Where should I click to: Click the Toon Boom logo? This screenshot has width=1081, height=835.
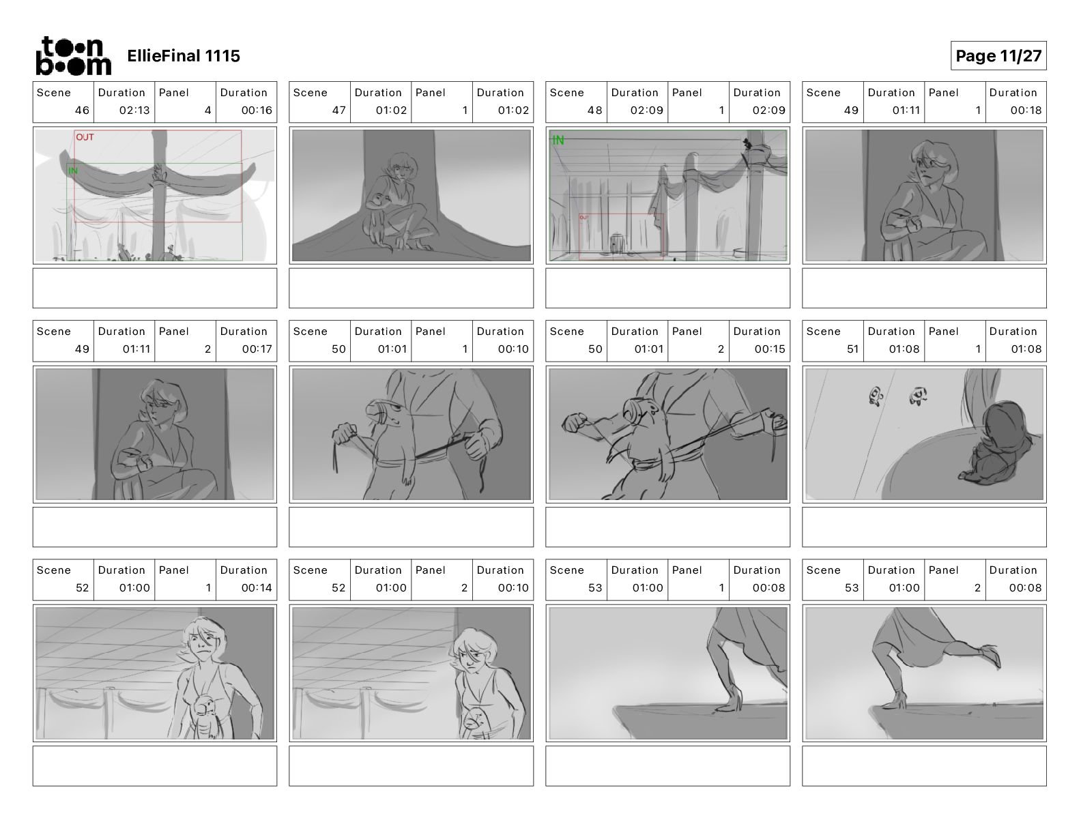(x=74, y=56)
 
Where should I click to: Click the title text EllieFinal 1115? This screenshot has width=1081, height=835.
(x=184, y=56)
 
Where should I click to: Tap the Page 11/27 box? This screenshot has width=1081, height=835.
(x=998, y=56)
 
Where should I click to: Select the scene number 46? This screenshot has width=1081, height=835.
(x=82, y=110)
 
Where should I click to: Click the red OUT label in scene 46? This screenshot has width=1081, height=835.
(x=85, y=137)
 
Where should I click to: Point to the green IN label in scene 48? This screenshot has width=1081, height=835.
(x=558, y=141)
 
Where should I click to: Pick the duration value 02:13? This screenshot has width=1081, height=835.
(x=134, y=110)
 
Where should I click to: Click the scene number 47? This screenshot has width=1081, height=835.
(x=338, y=110)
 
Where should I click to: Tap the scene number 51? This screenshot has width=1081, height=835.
(x=852, y=349)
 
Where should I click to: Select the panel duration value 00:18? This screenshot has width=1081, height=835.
(x=1026, y=110)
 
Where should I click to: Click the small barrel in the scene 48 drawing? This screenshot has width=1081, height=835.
(x=616, y=244)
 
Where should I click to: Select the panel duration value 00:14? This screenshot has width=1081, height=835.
(x=257, y=587)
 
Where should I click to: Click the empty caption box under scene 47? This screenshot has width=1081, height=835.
(x=411, y=288)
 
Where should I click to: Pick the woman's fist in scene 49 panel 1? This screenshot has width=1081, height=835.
(x=914, y=225)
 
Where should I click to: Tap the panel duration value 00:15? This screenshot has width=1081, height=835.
(x=770, y=349)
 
